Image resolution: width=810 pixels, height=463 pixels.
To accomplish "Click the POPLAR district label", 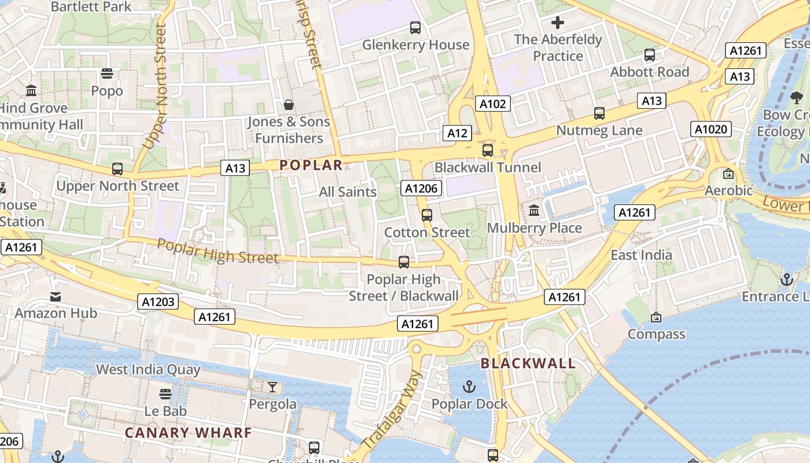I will click(x=311, y=165).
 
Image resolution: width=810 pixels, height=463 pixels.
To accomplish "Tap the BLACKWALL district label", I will click(x=528, y=363).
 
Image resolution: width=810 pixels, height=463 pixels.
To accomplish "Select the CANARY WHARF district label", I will click(x=188, y=433).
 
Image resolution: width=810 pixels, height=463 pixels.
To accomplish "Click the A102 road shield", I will click(x=493, y=104).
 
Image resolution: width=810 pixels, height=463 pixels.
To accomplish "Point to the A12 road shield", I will click(x=457, y=133).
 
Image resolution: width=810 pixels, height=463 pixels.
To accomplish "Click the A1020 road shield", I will click(x=710, y=129).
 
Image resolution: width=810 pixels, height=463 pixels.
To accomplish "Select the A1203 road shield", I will click(x=158, y=302).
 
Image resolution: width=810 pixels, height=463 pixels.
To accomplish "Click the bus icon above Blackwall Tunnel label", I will click(x=488, y=150).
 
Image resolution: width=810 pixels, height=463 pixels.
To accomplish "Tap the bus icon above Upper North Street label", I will click(x=117, y=169).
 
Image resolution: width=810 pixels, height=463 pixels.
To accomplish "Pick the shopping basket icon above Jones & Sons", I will click(x=288, y=105).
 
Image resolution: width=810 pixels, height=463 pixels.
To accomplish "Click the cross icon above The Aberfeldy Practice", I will click(x=558, y=23).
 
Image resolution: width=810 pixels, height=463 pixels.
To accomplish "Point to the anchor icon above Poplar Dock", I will click(x=469, y=386).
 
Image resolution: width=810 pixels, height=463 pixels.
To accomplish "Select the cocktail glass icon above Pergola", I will click(x=272, y=387).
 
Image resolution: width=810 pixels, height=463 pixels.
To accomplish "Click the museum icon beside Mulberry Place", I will click(x=534, y=211).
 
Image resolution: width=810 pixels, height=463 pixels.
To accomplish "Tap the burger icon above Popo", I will click(x=106, y=74).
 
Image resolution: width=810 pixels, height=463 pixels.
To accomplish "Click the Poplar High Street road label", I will click(x=218, y=251).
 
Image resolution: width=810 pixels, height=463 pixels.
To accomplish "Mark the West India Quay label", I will click(x=148, y=369).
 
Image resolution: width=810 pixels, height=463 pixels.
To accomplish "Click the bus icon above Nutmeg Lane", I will click(x=599, y=113).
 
